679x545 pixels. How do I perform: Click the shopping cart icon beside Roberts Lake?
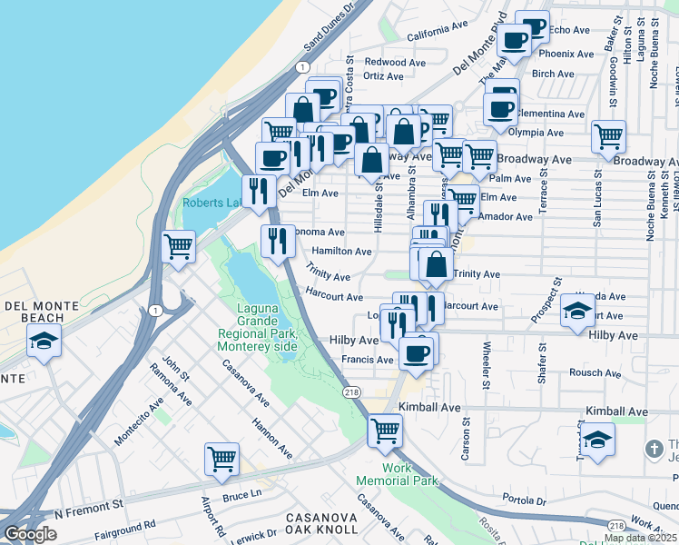point(179,245)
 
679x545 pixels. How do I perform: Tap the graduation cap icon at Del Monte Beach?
point(43,342)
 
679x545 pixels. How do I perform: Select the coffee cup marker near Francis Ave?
point(416,353)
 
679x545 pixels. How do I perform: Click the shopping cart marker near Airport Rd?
point(221,460)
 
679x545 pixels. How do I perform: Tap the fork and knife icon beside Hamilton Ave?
point(276,241)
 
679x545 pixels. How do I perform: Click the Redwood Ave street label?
point(395,63)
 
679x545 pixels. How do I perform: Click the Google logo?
point(30,534)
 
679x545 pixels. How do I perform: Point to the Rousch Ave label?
point(595,372)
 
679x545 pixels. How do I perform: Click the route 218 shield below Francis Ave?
point(352,391)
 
